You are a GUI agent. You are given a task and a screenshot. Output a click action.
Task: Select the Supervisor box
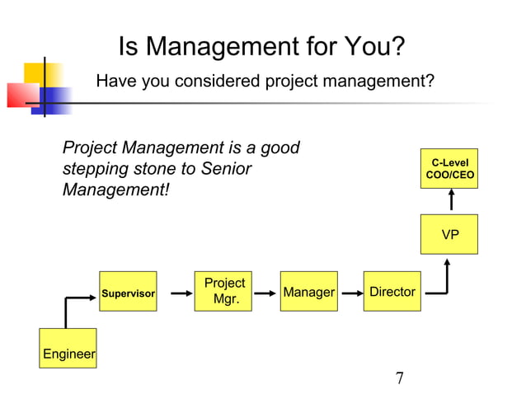[128, 291]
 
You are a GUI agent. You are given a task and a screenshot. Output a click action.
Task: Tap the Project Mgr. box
[224, 291]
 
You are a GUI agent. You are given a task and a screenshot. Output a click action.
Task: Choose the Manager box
[308, 291]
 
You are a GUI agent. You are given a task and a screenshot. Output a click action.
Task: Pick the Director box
[392, 291]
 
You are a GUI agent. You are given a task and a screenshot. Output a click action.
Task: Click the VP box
[449, 234]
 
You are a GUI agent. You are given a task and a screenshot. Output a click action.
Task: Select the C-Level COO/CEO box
[449, 169]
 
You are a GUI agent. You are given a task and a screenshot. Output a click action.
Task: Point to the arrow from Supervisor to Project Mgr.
[174, 292]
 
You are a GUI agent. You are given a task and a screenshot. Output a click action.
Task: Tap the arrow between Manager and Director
[349, 292]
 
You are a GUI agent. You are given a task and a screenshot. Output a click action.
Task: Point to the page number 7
[400, 378]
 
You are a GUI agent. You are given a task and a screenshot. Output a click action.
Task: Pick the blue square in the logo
[56, 100]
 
